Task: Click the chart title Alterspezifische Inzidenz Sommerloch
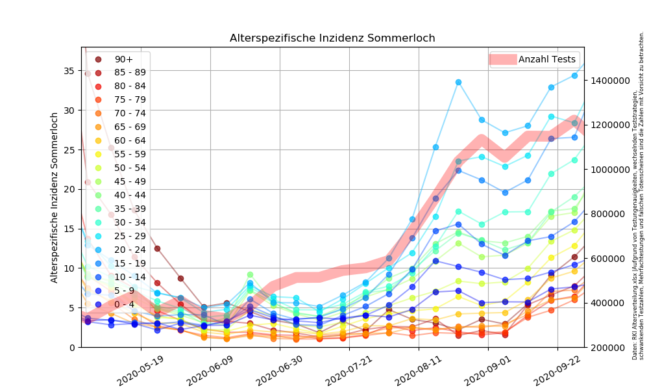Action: point(332,38)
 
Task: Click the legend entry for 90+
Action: point(124,59)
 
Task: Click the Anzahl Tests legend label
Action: point(546,59)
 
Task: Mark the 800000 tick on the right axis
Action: point(611,214)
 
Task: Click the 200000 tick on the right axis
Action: point(611,347)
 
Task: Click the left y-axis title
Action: point(55,197)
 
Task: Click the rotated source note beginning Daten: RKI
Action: point(638,195)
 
